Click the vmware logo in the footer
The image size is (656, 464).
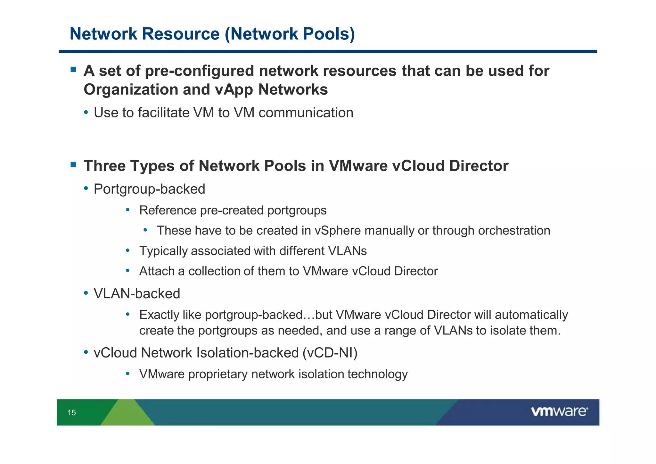(559, 411)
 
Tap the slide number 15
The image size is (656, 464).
(71, 413)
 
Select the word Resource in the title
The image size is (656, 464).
(181, 34)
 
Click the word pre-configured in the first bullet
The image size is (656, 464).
(199, 71)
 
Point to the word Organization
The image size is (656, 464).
(130, 89)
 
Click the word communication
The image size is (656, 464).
(306, 113)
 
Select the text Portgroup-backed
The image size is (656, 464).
(149, 189)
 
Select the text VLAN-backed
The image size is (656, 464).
(137, 294)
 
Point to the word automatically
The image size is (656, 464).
(531, 315)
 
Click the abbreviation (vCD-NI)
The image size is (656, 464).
(330, 353)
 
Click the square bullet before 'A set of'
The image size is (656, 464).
(73, 69)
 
